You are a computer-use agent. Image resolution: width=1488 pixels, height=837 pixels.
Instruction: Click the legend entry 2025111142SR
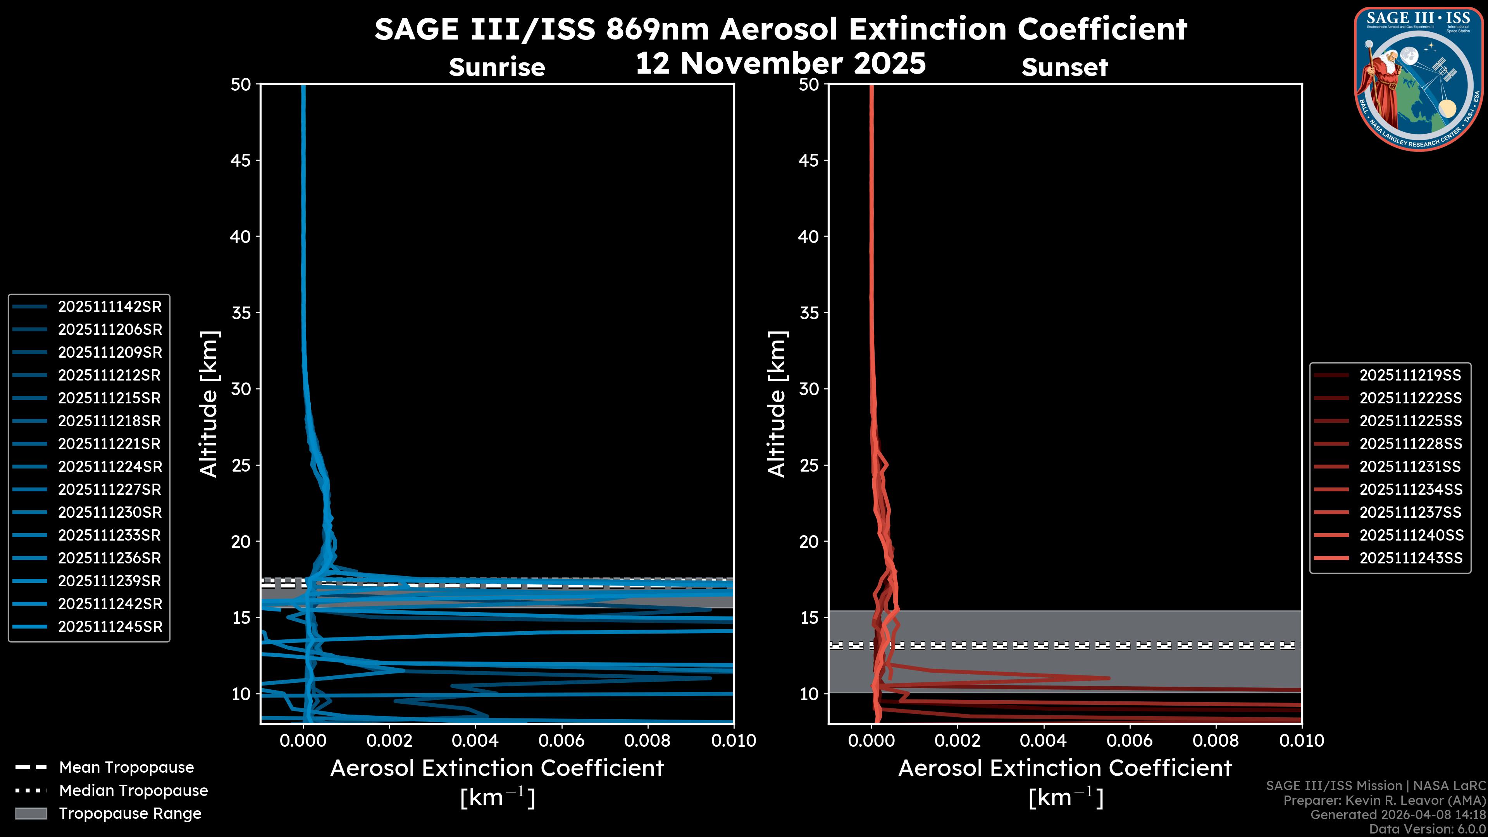tap(110, 307)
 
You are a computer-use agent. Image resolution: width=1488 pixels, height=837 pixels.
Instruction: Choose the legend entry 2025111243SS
tap(1410, 558)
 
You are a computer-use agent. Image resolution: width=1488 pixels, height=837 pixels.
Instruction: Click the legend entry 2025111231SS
tap(1410, 467)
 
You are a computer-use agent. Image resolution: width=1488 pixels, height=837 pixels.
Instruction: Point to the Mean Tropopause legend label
tap(126, 767)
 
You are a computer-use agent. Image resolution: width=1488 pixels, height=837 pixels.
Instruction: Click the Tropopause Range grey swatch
tap(31, 813)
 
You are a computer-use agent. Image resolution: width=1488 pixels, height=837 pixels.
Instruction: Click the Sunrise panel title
tap(497, 67)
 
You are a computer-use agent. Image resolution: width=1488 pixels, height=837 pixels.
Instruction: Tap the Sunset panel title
tap(1064, 67)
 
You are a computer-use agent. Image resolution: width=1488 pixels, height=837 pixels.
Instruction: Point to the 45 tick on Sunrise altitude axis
tap(241, 160)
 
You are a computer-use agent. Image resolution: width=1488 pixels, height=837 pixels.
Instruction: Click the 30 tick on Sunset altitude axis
tap(809, 389)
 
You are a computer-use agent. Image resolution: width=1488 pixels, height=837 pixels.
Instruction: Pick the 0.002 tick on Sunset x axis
tap(957, 741)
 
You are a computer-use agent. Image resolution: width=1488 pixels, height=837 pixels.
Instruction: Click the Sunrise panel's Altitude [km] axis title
tap(209, 404)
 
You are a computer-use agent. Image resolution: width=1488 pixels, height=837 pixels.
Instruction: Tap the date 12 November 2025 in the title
tap(780, 64)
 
